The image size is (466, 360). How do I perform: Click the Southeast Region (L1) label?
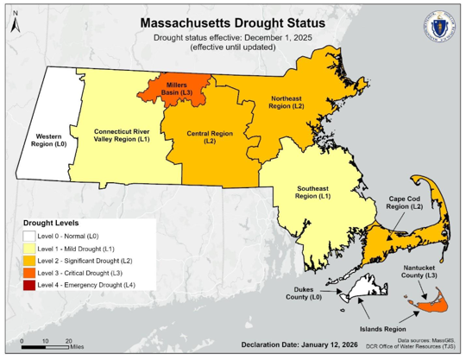click(313, 193)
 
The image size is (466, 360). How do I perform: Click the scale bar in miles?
click(47, 346)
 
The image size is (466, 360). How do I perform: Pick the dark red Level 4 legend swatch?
click(29, 284)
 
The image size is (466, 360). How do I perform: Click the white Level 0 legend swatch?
click(29, 235)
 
